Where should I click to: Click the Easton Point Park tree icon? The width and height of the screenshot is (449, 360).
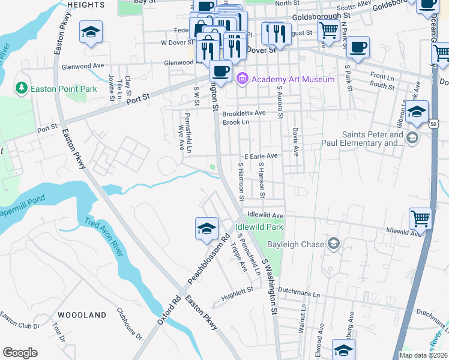[22, 89]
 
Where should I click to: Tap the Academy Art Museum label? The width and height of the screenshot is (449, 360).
[293, 79]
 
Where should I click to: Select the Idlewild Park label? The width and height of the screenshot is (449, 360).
[259, 227]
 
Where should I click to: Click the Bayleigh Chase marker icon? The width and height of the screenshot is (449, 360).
[334, 244]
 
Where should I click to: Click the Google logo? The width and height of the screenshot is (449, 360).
[20, 352]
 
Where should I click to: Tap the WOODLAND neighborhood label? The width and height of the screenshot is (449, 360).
[82, 314]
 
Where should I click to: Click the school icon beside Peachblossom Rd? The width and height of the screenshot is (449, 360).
[206, 229]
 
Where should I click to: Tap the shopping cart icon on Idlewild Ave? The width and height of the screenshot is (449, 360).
[420, 218]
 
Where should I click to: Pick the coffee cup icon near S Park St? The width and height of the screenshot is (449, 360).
[358, 47]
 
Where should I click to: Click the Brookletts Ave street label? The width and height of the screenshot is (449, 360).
[244, 113]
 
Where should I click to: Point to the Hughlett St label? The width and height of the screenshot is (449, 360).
[237, 290]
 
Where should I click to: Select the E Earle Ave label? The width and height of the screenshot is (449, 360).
[261, 156]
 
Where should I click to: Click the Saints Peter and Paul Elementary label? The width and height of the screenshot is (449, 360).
[372, 139]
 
